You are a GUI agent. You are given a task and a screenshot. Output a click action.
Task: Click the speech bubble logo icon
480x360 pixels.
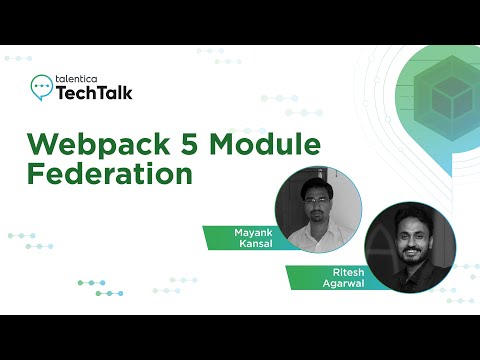coord(41,87)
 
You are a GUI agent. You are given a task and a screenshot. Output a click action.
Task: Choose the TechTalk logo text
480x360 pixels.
coord(92,93)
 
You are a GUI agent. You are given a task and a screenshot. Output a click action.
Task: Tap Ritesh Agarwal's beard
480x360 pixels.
coord(411,253)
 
